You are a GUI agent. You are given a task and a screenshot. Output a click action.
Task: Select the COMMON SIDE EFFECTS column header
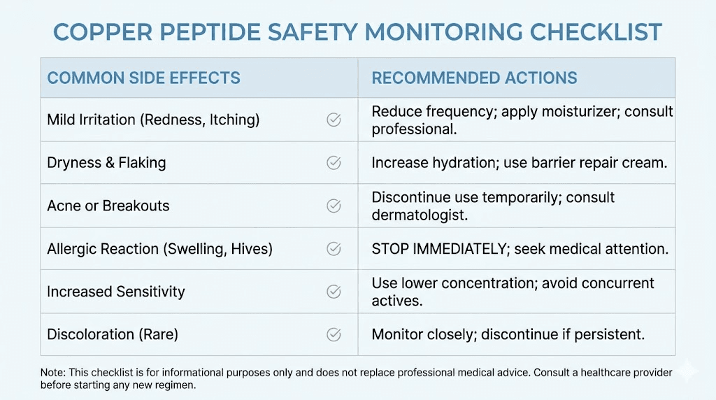tap(143, 78)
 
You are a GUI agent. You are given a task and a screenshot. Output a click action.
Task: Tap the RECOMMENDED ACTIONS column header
tap(474, 78)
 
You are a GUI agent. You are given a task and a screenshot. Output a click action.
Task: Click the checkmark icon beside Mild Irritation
tap(334, 120)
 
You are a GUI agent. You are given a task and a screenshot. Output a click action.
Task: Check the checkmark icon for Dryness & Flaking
tap(334, 163)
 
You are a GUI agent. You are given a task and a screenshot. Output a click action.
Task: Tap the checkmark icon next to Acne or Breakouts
tap(334, 206)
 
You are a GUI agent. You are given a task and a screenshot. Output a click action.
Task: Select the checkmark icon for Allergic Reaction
tap(334, 249)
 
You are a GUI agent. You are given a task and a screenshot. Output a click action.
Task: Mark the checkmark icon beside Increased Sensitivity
tap(334, 292)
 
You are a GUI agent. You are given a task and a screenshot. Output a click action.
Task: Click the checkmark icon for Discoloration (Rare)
tap(334, 334)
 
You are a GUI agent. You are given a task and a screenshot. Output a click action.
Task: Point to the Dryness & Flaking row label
tap(106, 163)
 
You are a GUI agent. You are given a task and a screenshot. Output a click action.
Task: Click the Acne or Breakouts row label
tap(108, 206)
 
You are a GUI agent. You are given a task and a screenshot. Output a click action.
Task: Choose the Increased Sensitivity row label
tap(115, 292)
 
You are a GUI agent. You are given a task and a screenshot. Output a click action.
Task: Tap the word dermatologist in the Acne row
tap(419, 215)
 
